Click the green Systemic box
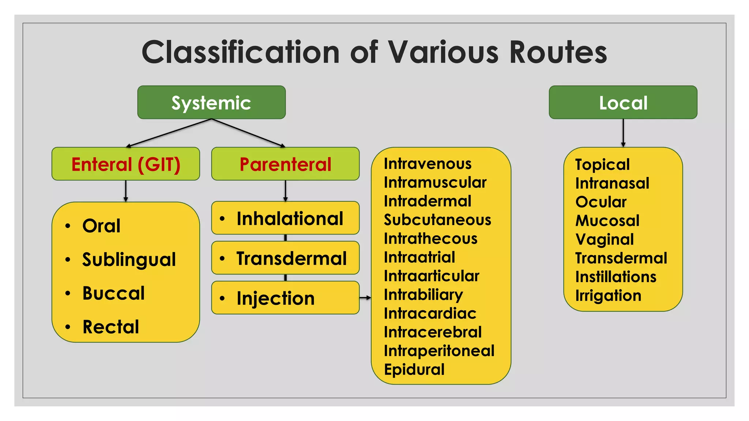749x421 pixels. tap(211, 102)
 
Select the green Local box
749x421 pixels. tap(623, 102)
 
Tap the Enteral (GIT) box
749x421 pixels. tap(125, 164)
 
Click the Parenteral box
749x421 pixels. tap(285, 164)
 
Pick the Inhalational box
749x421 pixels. tap(285, 218)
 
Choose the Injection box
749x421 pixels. tap(285, 298)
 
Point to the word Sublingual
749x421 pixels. tap(129, 260)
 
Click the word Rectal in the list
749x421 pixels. tap(111, 327)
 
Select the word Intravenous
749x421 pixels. tap(428, 164)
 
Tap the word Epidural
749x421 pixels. tap(414, 369)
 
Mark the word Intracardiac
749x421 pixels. tap(430, 314)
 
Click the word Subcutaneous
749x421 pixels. tap(437, 220)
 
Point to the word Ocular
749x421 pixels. tap(601, 202)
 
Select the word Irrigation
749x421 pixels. tap(608, 296)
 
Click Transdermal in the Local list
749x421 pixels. tap(621, 258)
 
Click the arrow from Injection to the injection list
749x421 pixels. tap(365, 298)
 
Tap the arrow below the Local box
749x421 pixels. tap(623, 133)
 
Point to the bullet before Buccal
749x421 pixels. tap(68, 293)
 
